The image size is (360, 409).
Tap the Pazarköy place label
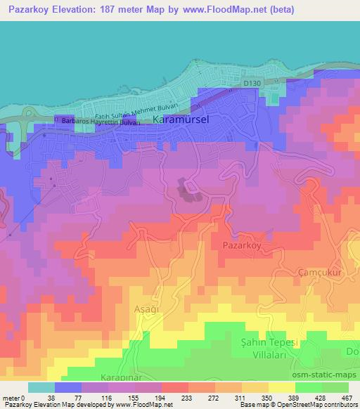click(x=243, y=247)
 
